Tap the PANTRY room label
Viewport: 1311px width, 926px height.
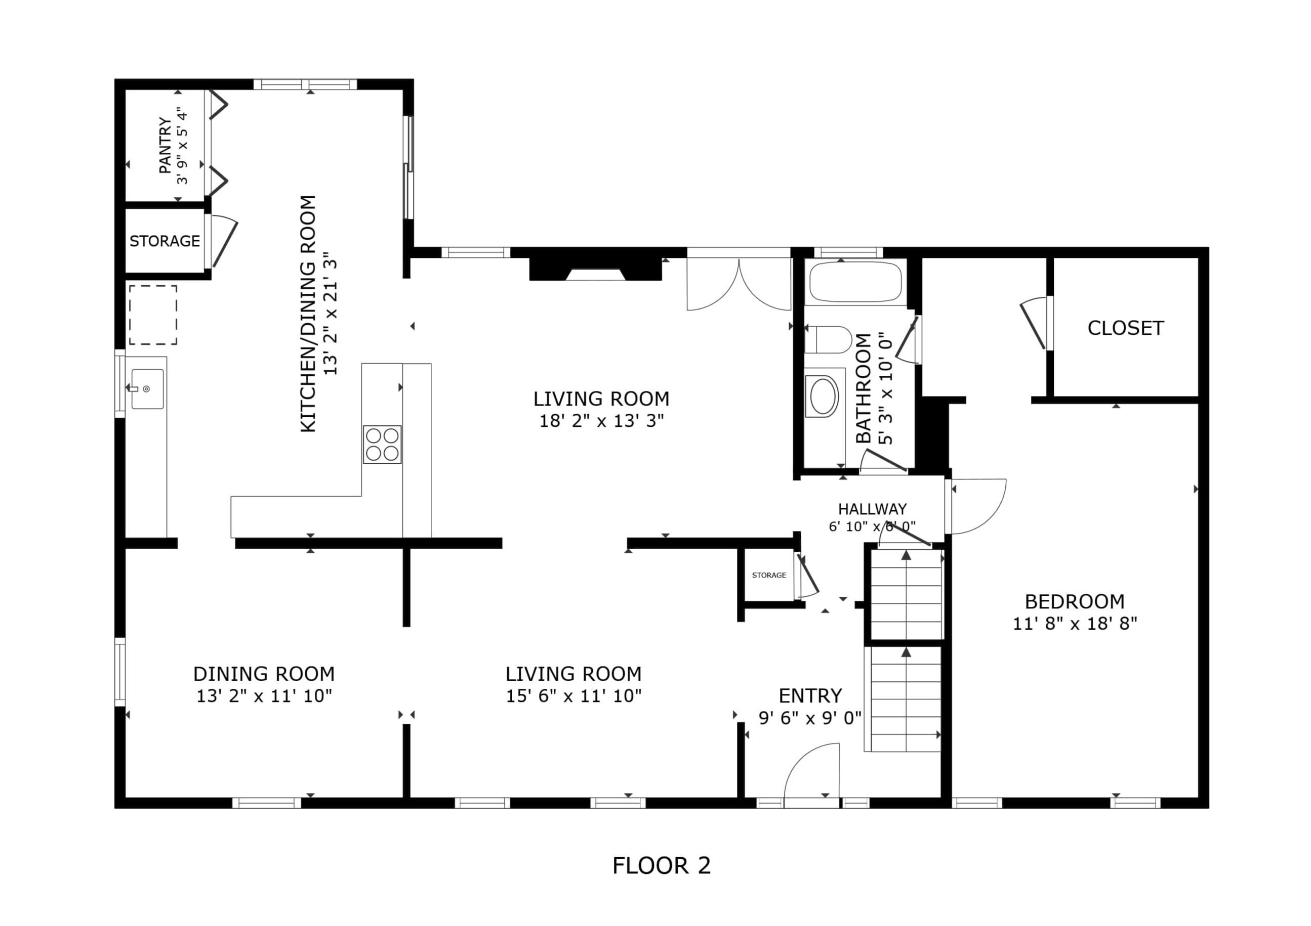pos(165,146)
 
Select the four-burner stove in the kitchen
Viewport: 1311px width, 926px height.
pos(382,444)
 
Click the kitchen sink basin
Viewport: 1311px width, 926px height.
pos(147,388)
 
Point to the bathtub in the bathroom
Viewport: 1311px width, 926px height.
pos(855,282)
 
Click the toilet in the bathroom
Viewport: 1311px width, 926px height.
pos(828,339)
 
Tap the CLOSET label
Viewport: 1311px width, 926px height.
pos(1125,328)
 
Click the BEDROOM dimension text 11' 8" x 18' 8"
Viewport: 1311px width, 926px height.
pos(1075,623)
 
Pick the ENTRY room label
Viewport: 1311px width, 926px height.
pos(810,695)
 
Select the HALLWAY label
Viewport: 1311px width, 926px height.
pos(872,508)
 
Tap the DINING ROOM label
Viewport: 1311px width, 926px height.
pos(264,674)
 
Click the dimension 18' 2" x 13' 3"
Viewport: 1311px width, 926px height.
pos(602,420)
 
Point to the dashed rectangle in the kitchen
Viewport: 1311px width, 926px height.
pos(153,315)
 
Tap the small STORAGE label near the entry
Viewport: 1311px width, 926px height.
pos(768,575)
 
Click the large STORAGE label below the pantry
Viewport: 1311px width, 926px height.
pos(165,241)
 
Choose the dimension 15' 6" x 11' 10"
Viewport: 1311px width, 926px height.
pos(573,695)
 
